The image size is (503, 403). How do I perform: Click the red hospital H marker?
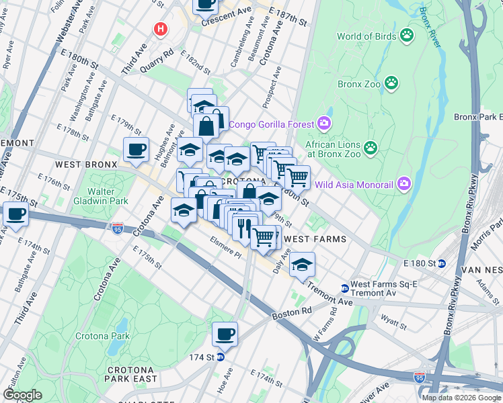(x=160, y=29)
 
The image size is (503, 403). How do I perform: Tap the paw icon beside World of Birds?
(x=406, y=35)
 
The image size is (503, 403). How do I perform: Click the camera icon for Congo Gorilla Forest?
(x=324, y=123)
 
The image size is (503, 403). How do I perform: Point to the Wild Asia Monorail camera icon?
(x=403, y=182)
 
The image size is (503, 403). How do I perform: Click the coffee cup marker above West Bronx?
(x=136, y=150)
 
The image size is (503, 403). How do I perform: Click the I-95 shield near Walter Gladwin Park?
(x=118, y=228)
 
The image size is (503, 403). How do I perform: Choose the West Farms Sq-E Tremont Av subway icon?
(x=345, y=288)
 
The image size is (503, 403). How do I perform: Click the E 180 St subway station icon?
(x=441, y=263)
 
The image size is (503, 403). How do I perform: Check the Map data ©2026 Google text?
(x=461, y=398)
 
